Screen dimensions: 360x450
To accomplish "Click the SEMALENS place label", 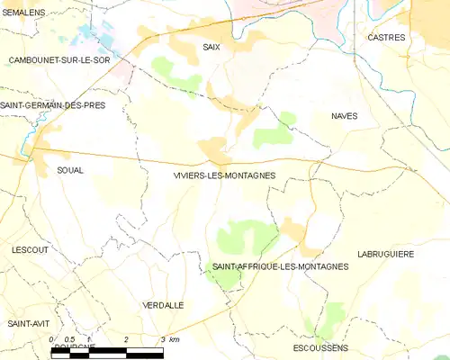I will tap(24, 12).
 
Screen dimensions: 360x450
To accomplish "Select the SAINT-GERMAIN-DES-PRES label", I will tap(53, 105).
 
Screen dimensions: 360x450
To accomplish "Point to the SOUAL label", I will tap(70, 169).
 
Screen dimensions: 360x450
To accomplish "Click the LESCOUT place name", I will tap(30, 249).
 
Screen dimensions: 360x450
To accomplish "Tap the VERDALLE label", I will tap(163, 305).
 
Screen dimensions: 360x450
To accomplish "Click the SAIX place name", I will tap(211, 45).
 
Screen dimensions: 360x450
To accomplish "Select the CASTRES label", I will tap(387, 38).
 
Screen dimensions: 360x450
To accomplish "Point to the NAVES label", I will tap(345, 116).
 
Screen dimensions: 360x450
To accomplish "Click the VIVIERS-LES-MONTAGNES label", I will tap(224, 175).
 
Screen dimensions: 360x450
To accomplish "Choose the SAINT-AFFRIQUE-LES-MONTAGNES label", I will tap(280, 266).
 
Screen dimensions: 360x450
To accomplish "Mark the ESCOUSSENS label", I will tap(321, 346).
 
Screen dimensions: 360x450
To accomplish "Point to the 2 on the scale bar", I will tap(126, 338).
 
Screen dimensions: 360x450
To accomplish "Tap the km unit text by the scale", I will tap(175, 338).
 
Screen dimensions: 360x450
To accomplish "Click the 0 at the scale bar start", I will tap(52, 338).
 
